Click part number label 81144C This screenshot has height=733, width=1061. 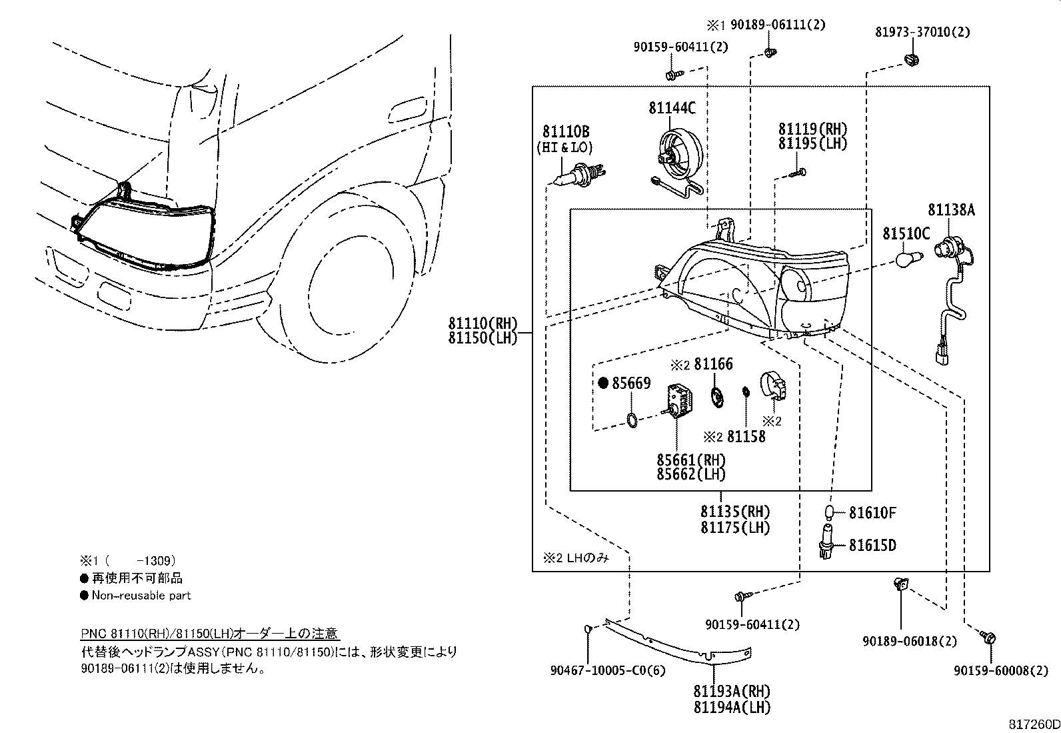pyautogui.click(x=672, y=107)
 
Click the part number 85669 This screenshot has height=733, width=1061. pyautogui.click(x=630, y=384)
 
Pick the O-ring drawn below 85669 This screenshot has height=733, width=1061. pyautogui.click(x=632, y=420)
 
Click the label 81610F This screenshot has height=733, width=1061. pyautogui.click(x=872, y=512)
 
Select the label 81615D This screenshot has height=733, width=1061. pyautogui.click(x=872, y=546)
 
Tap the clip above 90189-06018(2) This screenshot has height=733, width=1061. pyautogui.click(x=900, y=585)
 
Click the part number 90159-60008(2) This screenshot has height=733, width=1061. pyautogui.click(x=1000, y=671)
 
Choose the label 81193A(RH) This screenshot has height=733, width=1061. pyautogui.click(x=731, y=692)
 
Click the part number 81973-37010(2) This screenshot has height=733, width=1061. pyautogui.click(x=922, y=31)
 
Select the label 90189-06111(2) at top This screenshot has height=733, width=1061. pyautogui.click(x=777, y=25)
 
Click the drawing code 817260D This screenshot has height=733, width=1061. pyautogui.click(x=1032, y=724)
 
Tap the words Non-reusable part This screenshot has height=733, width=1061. pyautogui.click(x=141, y=595)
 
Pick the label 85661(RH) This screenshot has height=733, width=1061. pyautogui.click(x=690, y=460)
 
